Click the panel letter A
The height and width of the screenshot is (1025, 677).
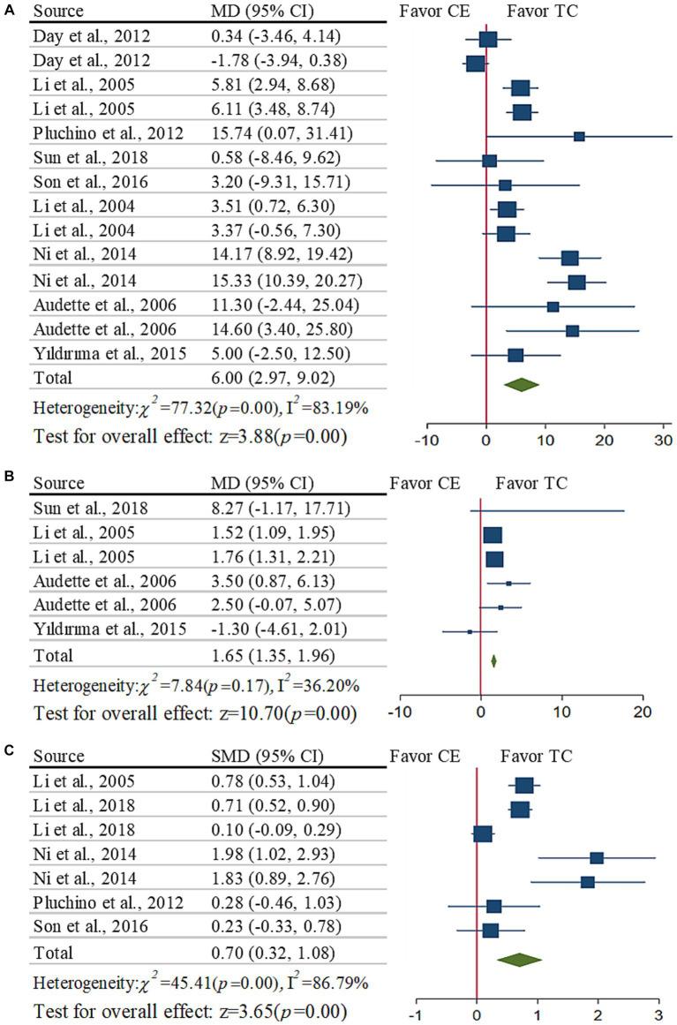(x=9, y=10)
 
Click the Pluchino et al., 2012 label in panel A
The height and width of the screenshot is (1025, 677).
(x=109, y=135)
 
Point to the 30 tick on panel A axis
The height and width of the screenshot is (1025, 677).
(x=664, y=440)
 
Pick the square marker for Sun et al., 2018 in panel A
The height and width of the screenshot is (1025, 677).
(x=490, y=160)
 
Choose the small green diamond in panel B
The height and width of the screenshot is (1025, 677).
(x=493, y=659)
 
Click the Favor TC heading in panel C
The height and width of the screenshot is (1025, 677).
(x=537, y=756)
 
